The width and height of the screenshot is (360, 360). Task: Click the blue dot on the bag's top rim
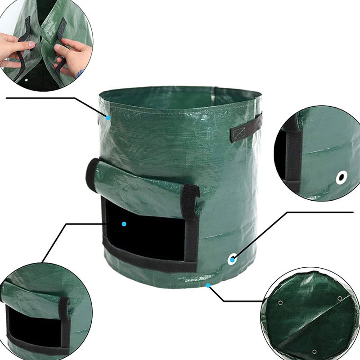(x=108, y=117)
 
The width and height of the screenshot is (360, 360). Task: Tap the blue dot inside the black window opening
(x=124, y=223)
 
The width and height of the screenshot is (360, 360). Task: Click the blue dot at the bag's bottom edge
(x=208, y=285)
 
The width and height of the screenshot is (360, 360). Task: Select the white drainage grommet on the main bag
(x=233, y=259)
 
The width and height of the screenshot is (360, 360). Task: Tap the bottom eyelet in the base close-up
(x=314, y=351)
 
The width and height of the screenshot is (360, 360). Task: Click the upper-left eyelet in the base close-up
(x=282, y=303)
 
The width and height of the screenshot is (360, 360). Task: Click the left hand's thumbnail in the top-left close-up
(x=28, y=45)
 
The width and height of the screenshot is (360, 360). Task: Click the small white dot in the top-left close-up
(x=26, y=80)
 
